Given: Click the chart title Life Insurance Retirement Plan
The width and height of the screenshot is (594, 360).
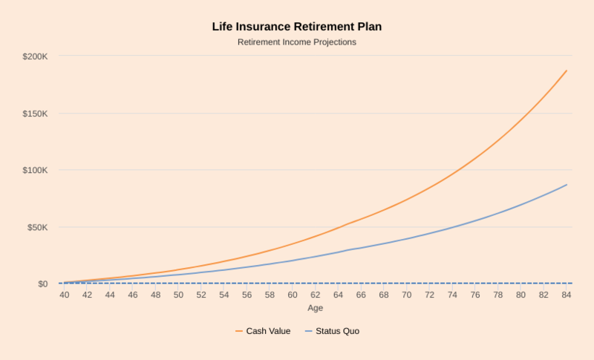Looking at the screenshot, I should click(297, 27).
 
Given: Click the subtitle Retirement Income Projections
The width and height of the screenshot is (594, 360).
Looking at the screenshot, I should click(297, 42).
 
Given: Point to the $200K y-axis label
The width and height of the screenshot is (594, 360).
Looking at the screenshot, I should click(35, 56).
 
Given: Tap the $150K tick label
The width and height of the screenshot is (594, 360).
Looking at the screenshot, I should click(35, 114).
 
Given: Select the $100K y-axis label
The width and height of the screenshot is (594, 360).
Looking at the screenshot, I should click(35, 170).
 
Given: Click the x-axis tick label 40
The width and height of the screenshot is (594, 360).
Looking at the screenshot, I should click(65, 295).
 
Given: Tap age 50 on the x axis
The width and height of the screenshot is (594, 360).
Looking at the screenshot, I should click(179, 295).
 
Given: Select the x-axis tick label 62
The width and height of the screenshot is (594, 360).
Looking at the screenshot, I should click(316, 295).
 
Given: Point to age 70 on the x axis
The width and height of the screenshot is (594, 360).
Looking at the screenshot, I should click(407, 295).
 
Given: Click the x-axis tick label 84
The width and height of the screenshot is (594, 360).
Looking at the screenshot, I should click(567, 295).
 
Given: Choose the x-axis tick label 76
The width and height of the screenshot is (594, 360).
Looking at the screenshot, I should click(475, 295).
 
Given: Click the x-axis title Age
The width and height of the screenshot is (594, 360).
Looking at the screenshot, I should click(316, 307).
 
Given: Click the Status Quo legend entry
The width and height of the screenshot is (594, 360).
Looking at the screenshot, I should click(337, 331).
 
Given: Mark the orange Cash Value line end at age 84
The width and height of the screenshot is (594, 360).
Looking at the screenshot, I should click(567, 71).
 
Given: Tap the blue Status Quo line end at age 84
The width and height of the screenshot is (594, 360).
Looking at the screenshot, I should click(567, 185).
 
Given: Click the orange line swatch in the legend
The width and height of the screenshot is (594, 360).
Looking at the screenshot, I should click(240, 331).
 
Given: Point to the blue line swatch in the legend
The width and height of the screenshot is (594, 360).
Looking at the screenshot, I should click(308, 331).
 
